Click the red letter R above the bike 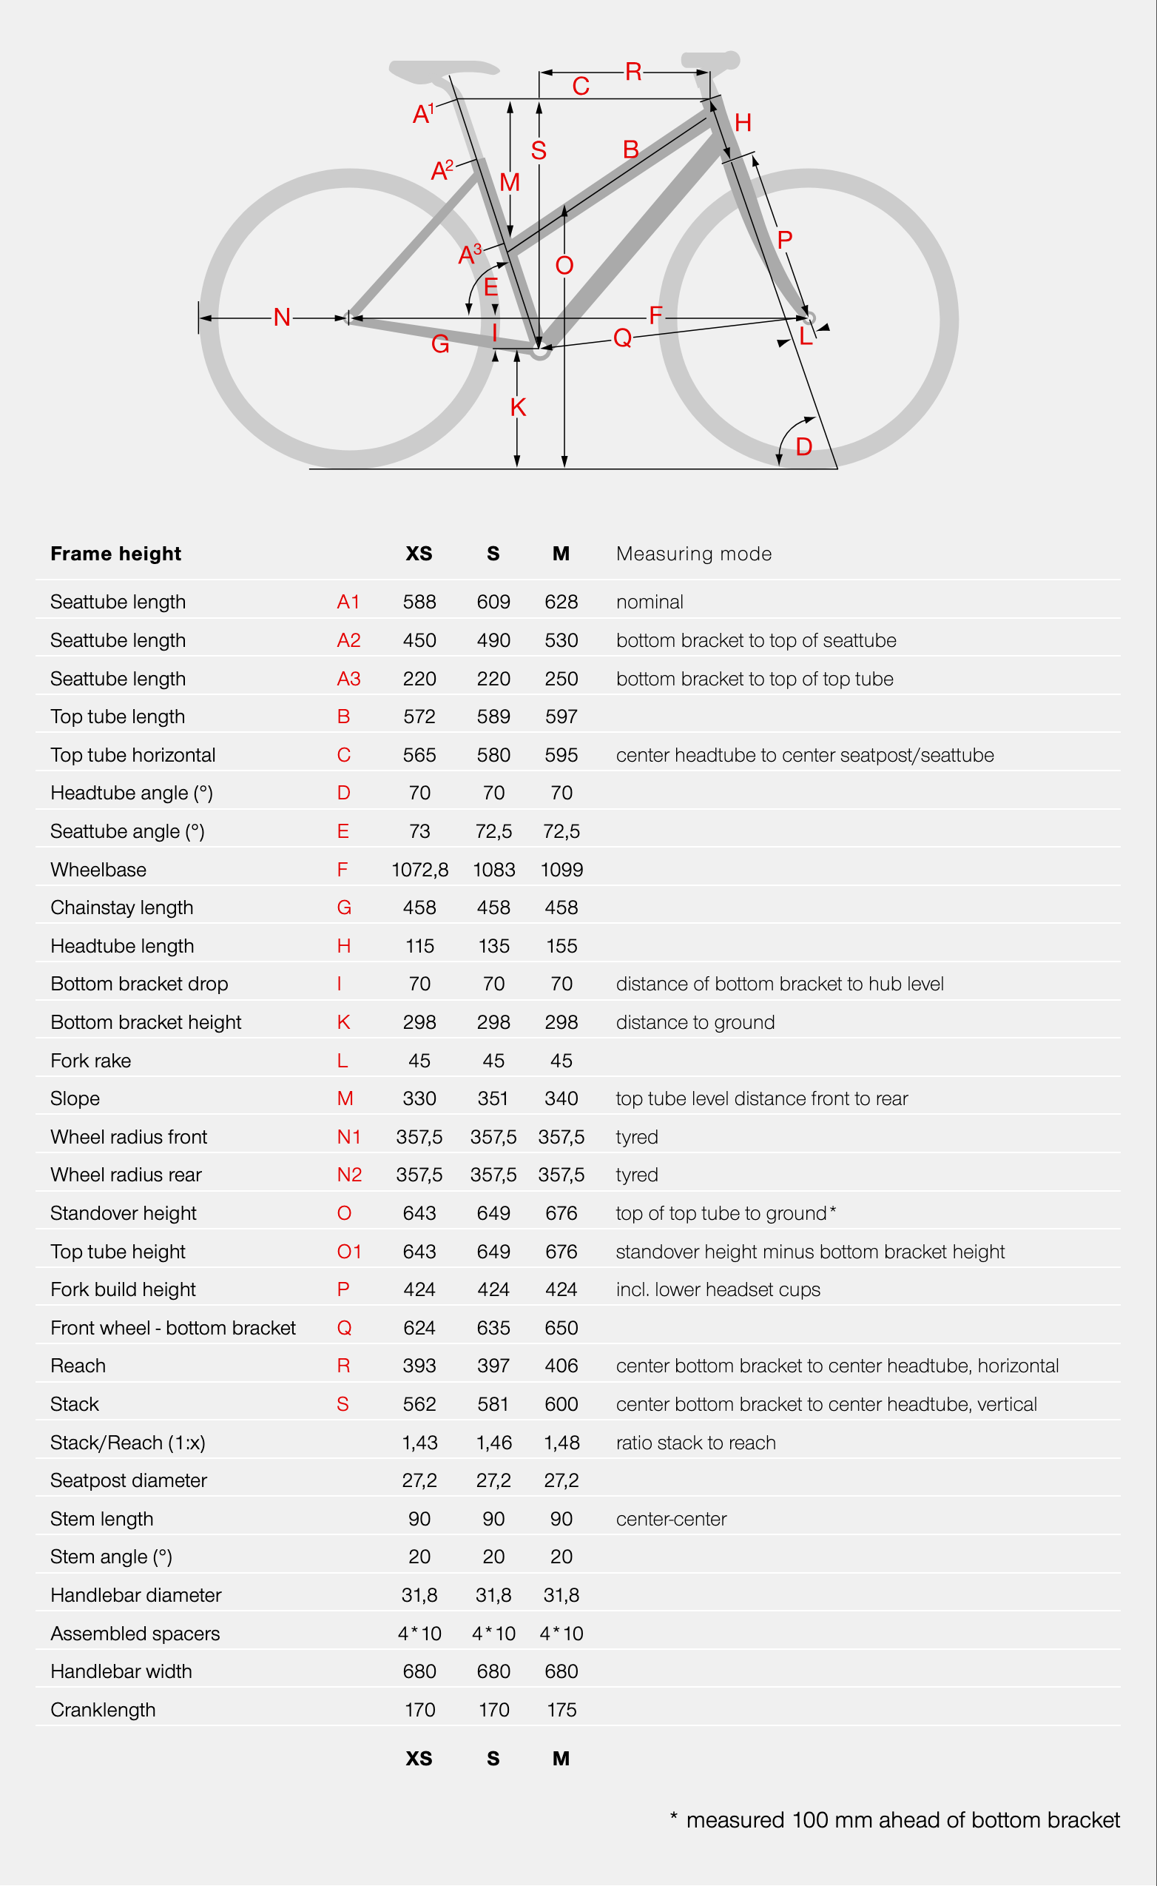coord(633,72)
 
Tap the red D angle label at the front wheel coord(803,446)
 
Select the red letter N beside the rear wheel coord(282,317)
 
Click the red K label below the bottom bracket coord(518,407)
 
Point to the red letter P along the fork coord(784,241)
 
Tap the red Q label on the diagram coord(622,338)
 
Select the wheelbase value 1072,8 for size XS coord(419,870)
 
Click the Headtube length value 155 coord(561,946)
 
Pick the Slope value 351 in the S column coord(493,1098)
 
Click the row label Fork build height coord(124,1289)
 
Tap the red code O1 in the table coord(349,1252)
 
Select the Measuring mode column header coord(693,554)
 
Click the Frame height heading coord(115,554)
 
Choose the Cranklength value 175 coord(561,1710)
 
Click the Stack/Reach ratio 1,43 coord(419,1443)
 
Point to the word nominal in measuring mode coord(649,602)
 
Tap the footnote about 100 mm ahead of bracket coord(895,1820)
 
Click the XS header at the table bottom coord(419,1759)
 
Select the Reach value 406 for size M coord(561,1366)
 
